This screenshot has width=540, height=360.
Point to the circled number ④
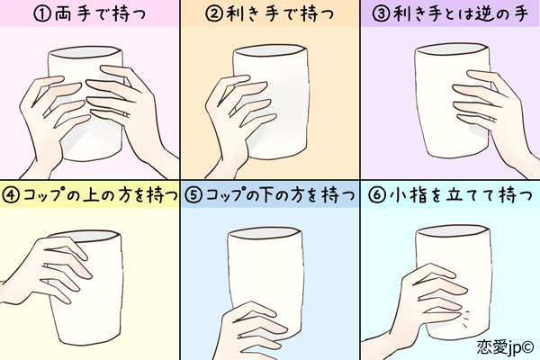pos(12,194)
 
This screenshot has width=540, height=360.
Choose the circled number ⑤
pos(192,194)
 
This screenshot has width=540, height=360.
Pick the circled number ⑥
pos(376,194)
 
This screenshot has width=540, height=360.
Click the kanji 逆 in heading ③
pos(486,14)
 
